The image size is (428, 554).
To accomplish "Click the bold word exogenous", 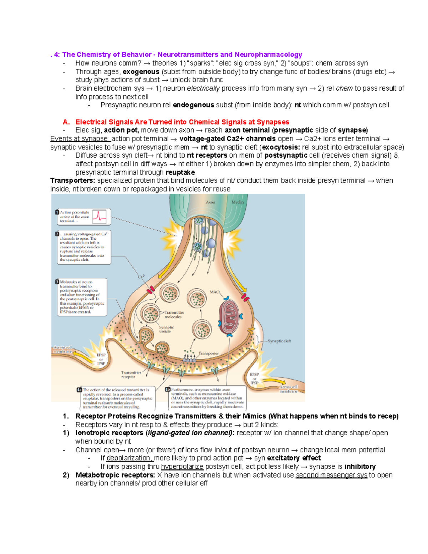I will pyautogui.click(x=141, y=72).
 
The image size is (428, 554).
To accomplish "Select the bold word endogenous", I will pyautogui.click(x=193, y=105).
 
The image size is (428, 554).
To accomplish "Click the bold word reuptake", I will pyautogui.click(x=180, y=172).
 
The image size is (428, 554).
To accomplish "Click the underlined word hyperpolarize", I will pyautogui.click(x=182, y=467).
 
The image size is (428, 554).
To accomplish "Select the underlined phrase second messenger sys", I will pyautogui.click(x=331, y=475).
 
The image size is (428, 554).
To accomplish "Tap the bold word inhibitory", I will pyautogui.click(x=360, y=467).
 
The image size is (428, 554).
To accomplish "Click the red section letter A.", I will pyautogui.click(x=66, y=122).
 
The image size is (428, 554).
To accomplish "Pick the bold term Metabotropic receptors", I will pyautogui.click(x=115, y=475).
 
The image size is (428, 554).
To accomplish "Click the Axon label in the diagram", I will pyautogui.click(x=210, y=202).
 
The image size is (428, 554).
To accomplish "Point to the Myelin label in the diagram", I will pyautogui.click(x=238, y=202).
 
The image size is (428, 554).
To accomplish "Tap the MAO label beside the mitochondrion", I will pyautogui.click(x=215, y=292).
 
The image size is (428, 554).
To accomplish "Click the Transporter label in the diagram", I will pyautogui.click(x=208, y=354).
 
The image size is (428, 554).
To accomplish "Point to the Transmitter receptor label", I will pyautogui.click(x=131, y=375).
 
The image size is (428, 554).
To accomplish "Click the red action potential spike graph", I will pyautogui.click(x=99, y=216).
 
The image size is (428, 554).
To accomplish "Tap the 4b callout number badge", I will pyautogui.click(x=168, y=390).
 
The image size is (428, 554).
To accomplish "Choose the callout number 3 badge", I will pyautogui.click(x=57, y=282).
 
